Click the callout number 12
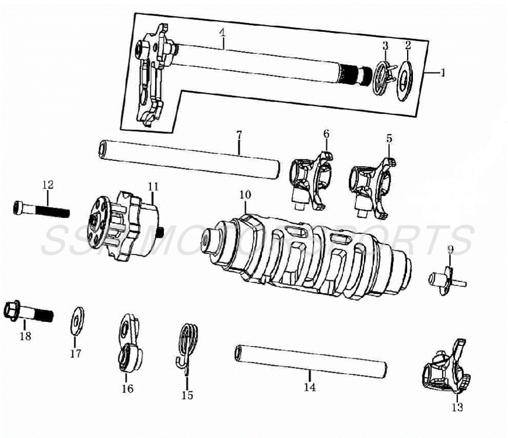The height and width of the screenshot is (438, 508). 48,185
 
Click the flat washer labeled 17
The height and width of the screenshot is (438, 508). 76,319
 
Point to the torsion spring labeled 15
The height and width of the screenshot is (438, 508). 188,348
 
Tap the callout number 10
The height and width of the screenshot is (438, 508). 245,194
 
